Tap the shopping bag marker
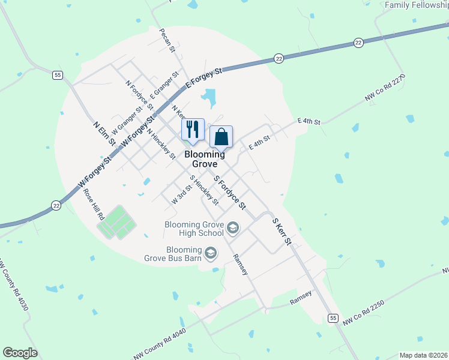pos(221,137)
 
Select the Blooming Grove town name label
pos(205,159)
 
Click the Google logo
pos(20,353)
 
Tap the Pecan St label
pos(167,40)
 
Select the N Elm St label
pos(104,133)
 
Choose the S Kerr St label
pos(282,231)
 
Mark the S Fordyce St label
pos(231,192)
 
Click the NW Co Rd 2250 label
pos(363,313)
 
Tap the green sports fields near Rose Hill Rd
pos(116,222)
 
